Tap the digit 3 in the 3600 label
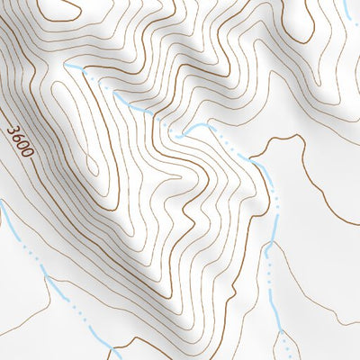pos(13,130)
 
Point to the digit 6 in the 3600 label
pos(18,137)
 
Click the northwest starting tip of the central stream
pos(66,66)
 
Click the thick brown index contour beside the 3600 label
pos(40,135)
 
